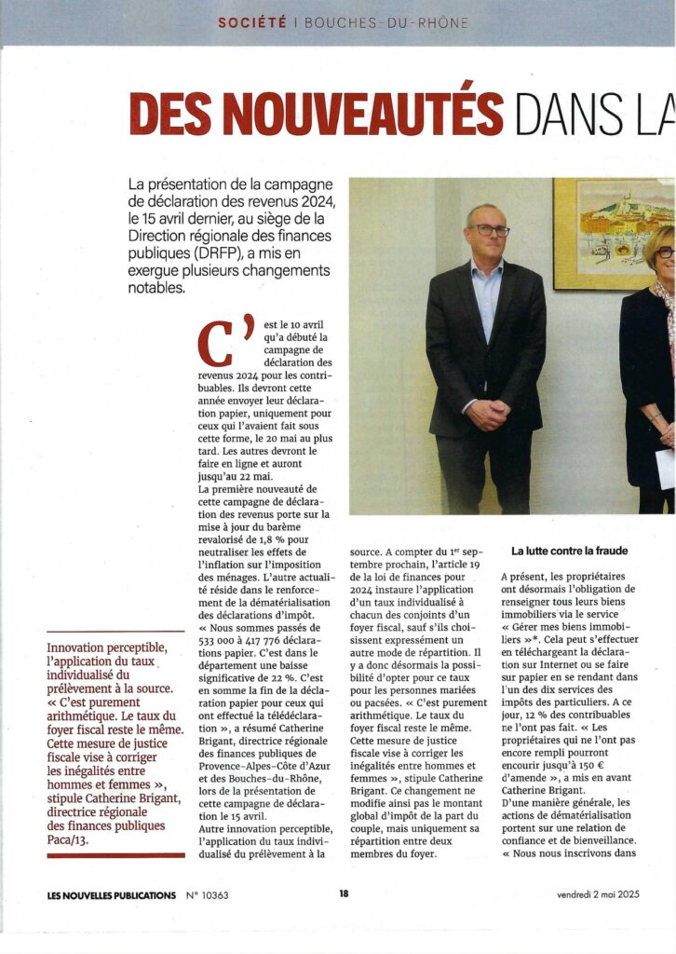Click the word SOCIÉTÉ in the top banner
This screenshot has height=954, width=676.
click(251, 22)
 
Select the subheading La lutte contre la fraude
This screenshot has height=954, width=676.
click(570, 551)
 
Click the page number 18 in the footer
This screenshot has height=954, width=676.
click(344, 894)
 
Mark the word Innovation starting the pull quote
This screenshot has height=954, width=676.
click(82, 647)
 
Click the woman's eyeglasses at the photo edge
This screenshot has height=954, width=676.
click(665, 252)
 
